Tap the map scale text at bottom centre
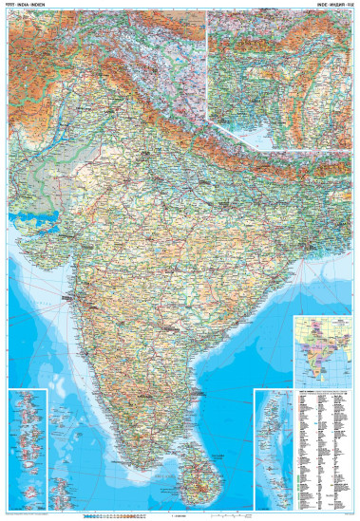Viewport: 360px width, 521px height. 180,515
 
